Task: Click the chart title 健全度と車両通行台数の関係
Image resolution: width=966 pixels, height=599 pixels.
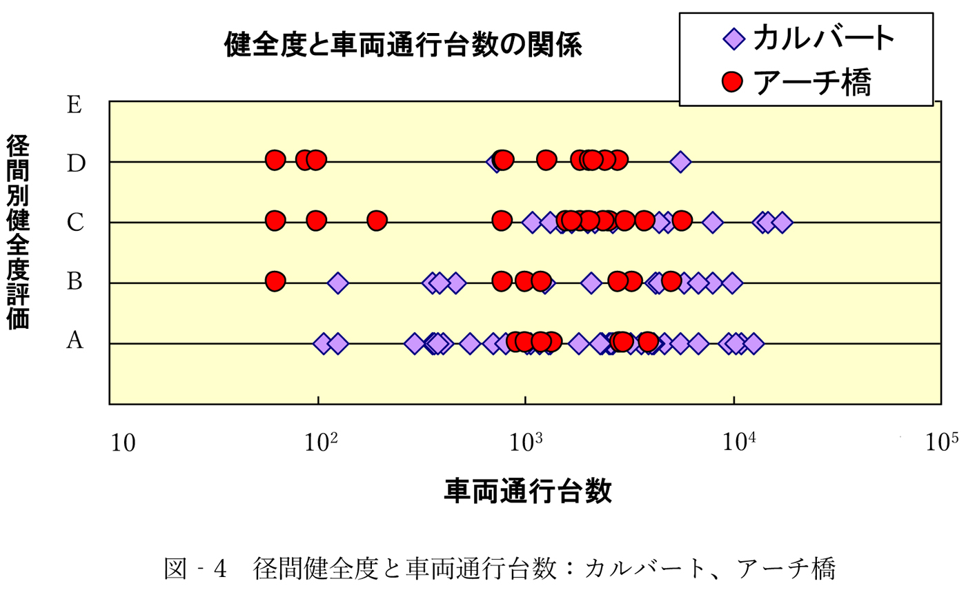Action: [403, 45]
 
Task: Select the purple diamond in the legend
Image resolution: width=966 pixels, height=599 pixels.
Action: [733, 39]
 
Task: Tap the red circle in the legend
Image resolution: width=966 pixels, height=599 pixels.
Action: [732, 82]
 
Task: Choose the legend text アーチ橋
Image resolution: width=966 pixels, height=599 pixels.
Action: [814, 83]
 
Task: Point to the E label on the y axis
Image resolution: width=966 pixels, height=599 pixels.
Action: [75, 105]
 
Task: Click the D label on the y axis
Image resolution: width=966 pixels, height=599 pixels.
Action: [75, 163]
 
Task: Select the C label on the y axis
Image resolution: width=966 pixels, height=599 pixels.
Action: [75, 223]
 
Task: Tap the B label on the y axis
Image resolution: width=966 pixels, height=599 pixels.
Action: [75, 281]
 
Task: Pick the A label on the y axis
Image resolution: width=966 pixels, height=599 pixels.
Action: [75, 341]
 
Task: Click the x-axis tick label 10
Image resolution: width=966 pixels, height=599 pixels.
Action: [123, 443]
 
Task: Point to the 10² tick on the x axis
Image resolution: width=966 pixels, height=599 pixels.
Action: [321, 441]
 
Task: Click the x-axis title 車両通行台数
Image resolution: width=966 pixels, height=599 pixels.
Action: [528, 491]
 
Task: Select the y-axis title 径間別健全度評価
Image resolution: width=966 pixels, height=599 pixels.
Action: [19, 232]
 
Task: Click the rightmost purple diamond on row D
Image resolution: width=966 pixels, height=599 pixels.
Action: [680, 162]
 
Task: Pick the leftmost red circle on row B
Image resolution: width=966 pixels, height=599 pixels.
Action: [275, 281]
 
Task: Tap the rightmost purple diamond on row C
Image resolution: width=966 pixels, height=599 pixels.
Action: [782, 222]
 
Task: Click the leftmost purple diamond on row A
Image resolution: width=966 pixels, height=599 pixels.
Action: [323, 343]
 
